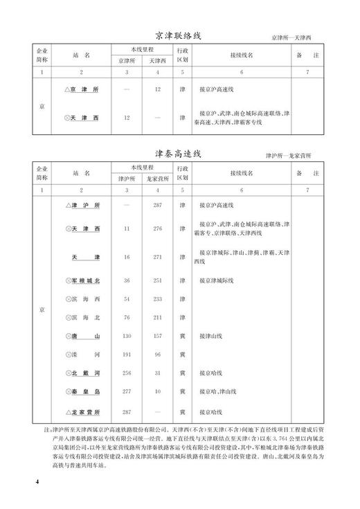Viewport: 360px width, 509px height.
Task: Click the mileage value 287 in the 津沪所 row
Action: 158,206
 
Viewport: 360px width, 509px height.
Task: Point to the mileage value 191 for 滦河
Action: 127,355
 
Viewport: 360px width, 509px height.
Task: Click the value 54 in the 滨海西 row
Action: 127,299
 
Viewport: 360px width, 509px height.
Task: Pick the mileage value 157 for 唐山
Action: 158,336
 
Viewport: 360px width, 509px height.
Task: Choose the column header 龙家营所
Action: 158,179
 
